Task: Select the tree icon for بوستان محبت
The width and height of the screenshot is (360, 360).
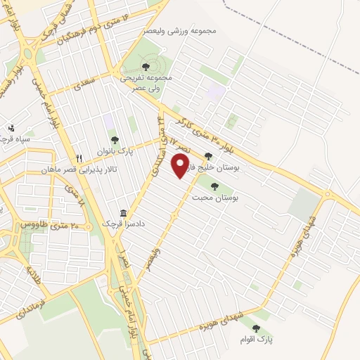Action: click(214, 186)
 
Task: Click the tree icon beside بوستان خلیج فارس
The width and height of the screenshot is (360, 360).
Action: click(207, 157)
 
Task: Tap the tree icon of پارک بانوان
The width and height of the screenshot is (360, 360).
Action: click(114, 139)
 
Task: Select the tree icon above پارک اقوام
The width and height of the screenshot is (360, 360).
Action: click(255, 328)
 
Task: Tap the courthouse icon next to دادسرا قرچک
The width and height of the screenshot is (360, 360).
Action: click(123, 213)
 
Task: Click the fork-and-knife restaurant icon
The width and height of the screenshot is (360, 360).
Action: click(79, 158)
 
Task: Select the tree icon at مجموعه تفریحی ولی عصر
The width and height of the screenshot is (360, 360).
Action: click(145, 67)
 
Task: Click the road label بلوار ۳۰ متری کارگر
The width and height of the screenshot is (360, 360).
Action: click(211, 129)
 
